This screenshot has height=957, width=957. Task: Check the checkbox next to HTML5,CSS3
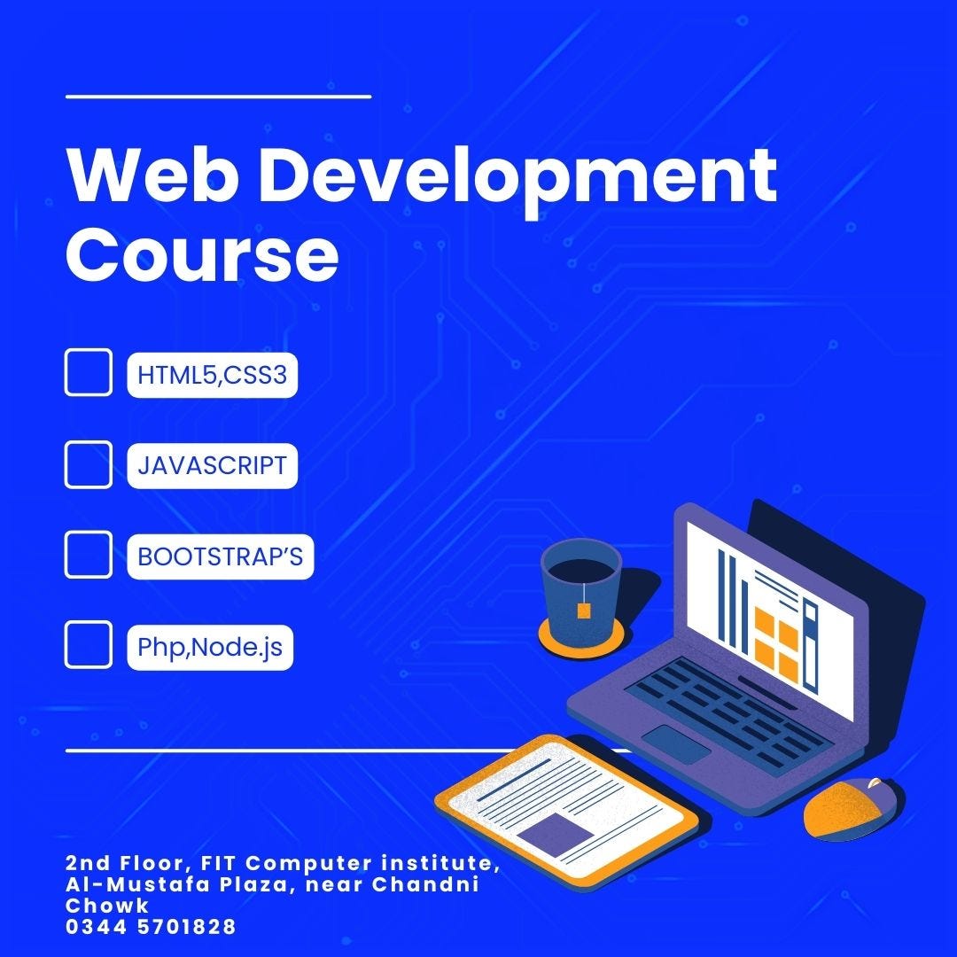[x=89, y=373]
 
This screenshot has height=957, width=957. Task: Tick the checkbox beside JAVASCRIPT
[x=89, y=464]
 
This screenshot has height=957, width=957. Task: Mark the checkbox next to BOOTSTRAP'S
[x=89, y=555]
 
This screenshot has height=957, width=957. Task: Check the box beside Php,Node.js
[x=89, y=645]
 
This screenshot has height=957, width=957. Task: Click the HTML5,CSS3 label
[x=212, y=375]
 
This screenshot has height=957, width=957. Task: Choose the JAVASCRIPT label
[x=212, y=465]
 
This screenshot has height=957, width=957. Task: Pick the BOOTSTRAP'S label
[x=220, y=556]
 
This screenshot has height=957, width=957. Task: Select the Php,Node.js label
[x=210, y=647]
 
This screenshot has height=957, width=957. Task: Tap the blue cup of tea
[x=580, y=585]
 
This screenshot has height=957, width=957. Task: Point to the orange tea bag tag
[x=585, y=609]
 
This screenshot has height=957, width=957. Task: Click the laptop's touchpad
[x=675, y=743]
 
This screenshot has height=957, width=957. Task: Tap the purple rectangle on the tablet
[x=555, y=833]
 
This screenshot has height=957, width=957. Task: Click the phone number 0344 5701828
[x=151, y=928]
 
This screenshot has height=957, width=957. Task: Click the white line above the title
[x=218, y=96]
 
